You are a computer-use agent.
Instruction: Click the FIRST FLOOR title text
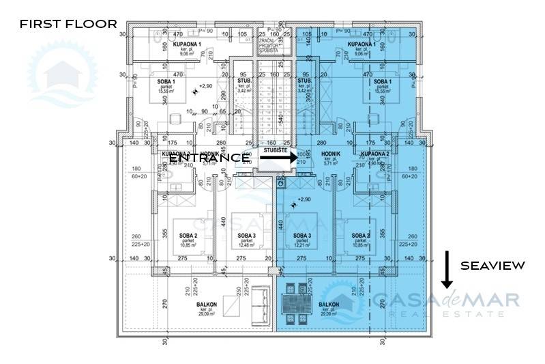[68, 24]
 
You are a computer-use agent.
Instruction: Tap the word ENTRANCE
[209, 157]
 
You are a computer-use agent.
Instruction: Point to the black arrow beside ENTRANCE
[276, 157]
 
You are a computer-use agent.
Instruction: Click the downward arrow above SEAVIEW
[447, 269]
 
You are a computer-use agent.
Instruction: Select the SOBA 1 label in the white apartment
[166, 82]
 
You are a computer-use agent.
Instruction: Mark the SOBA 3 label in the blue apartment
[302, 235]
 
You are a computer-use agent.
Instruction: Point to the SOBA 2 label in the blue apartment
[361, 235]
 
